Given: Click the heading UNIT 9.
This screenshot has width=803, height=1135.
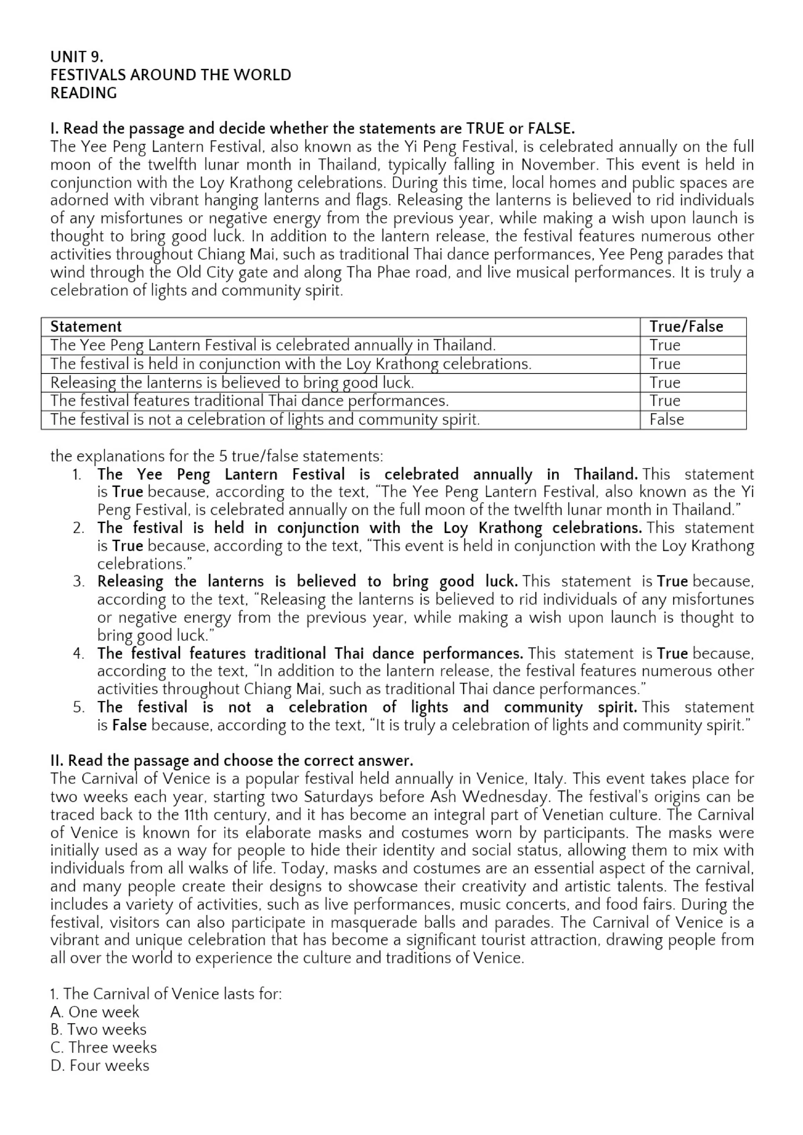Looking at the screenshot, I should (76, 57).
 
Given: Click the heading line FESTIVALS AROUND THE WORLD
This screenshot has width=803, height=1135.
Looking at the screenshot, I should (171, 75).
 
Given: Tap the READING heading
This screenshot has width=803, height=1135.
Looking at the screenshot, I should (84, 93).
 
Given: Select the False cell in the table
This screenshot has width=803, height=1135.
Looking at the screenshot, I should (667, 420).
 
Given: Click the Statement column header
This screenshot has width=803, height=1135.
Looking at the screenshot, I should (85, 327).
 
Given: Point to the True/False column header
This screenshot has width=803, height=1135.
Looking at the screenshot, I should (686, 327).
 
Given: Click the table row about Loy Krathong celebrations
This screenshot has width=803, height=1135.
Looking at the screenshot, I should (291, 364).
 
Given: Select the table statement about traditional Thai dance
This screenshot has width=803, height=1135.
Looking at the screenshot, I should (249, 401).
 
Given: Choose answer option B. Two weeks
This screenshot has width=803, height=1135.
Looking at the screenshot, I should (98, 1030).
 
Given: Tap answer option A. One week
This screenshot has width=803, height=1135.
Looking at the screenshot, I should (94, 1012).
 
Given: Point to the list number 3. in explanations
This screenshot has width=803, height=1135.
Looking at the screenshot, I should (79, 581).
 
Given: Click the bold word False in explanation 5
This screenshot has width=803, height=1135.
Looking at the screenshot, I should (129, 725).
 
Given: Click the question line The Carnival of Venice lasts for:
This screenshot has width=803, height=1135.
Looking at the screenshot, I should (165, 994).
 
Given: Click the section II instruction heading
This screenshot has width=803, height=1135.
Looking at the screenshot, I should (231, 760).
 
